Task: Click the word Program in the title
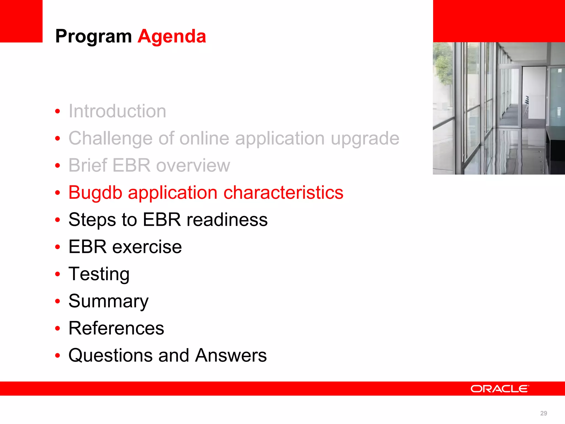click(x=93, y=36)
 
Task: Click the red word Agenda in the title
click(x=172, y=36)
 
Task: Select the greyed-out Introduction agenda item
click(x=117, y=111)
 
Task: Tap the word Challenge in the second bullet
click(x=110, y=138)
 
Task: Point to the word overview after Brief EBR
click(x=193, y=165)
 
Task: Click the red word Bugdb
click(x=95, y=192)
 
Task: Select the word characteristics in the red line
click(x=283, y=192)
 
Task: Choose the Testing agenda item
click(x=99, y=274)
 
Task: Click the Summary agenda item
click(x=108, y=301)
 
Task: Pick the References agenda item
click(x=116, y=328)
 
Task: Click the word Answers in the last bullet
click(x=231, y=355)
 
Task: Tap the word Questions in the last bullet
click(x=110, y=355)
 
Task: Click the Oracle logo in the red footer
click(x=500, y=389)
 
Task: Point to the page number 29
click(x=543, y=413)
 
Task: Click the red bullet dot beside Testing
click(x=57, y=274)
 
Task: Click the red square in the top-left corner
click(x=21, y=21)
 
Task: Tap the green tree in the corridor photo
click(x=443, y=66)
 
